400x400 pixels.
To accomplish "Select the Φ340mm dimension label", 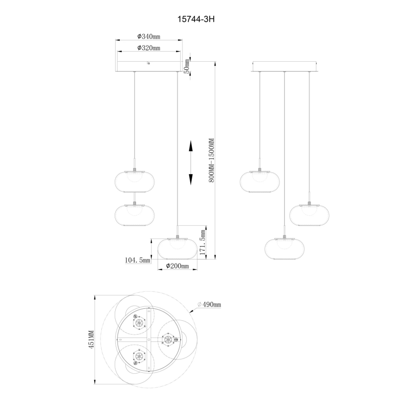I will [x=149, y=36].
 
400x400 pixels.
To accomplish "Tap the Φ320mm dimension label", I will [x=149, y=48].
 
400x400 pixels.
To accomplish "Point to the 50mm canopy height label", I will [x=187, y=66].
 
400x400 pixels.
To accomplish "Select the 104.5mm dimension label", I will [x=138, y=260].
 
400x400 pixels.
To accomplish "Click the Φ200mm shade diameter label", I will [x=177, y=266].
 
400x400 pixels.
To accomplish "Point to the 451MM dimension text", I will [x=91, y=340].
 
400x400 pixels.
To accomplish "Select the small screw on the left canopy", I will [x=148, y=63].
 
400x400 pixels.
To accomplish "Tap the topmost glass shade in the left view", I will [x=134, y=180].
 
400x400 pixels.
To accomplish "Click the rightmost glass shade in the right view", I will [x=309, y=214].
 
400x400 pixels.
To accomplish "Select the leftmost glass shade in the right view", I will [x=260, y=181].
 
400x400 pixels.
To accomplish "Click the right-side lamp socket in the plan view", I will [x=166, y=340].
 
